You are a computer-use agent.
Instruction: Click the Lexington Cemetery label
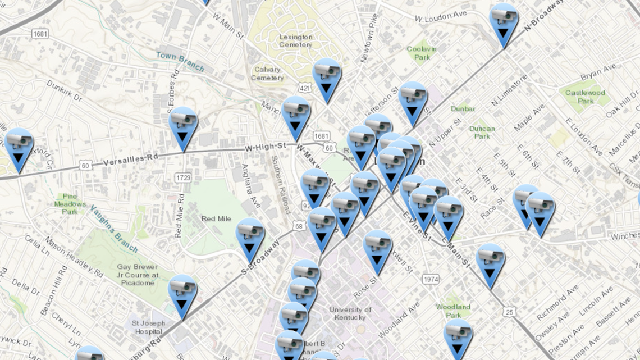click(295, 41)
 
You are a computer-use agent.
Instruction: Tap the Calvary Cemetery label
click(267, 74)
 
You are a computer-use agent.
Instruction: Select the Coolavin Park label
click(422, 53)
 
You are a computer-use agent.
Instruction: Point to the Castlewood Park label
click(584, 97)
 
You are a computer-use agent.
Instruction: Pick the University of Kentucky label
click(350, 313)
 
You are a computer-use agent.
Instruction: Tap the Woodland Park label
click(453, 311)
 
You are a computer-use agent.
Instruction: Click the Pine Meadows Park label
click(70, 204)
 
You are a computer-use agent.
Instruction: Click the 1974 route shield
click(431, 279)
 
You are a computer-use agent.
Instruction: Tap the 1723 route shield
click(184, 178)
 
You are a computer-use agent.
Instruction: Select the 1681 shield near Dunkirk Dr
click(40, 34)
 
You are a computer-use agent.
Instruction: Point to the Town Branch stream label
click(180, 62)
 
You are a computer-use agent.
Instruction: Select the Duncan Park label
click(482, 132)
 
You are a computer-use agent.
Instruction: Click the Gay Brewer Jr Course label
click(138, 275)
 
